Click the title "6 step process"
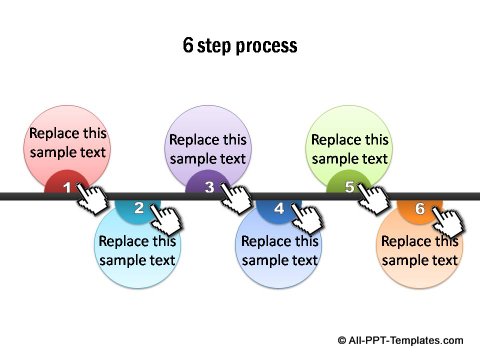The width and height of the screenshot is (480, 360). coord(240,46)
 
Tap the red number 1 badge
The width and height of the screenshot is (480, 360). coord(67,186)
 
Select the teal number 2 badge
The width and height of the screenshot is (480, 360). coord(138,208)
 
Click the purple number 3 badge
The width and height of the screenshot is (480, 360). coord(209,186)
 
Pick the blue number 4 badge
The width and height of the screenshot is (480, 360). coord(279,208)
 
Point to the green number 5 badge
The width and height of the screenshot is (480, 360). coord(349,186)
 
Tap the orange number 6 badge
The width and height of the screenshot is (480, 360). coord(420,208)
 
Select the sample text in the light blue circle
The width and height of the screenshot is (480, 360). coord(138,250)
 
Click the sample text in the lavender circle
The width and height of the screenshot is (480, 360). coord(208,149)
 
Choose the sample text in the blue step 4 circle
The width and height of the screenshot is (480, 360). coord(279,250)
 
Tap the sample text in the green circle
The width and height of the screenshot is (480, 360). coord(349,149)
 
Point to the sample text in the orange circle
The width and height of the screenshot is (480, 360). coord(420,250)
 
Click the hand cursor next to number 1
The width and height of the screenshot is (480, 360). coord(96,200)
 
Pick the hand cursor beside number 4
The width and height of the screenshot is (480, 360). coord(308,222)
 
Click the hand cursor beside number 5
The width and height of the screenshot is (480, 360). coord(378,200)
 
